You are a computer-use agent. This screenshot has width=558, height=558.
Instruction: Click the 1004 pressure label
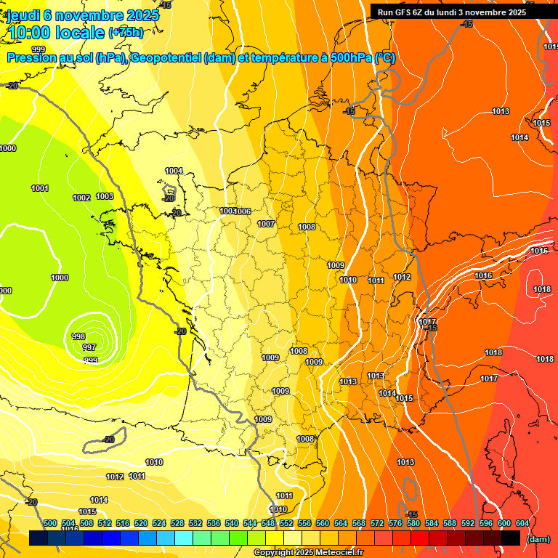click(x=174, y=171)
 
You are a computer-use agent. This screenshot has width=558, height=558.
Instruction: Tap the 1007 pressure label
click(x=266, y=224)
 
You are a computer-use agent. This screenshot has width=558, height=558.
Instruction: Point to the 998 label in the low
click(x=78, y=336)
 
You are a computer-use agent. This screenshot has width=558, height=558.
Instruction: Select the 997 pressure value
click(x=89, y=347)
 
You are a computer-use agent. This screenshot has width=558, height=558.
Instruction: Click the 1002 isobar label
click(x=81, y=198)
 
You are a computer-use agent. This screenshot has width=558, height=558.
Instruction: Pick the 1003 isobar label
click(x=105, y=196)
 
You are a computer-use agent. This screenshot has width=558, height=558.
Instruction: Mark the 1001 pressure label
click(x=40, y=188)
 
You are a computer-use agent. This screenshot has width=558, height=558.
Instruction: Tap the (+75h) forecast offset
click(x=126, y=32)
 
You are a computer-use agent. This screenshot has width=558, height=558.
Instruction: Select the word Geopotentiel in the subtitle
click(x=166, y=58)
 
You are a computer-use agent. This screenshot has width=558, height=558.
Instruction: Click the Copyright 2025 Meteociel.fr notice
click(x=309, y=553)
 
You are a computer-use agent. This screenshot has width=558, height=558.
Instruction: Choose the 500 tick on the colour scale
click(x=50, y=523)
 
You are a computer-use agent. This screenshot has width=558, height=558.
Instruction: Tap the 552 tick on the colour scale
click(x=286, y=523)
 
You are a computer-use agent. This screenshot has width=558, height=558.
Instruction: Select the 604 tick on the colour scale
click(x=522, y=523)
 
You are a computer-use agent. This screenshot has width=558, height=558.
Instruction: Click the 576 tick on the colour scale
click(x=395, y=523)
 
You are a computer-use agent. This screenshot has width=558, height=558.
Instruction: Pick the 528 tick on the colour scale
click(x=177, y=523)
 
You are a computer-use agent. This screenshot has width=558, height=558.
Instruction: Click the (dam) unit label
click(x=538, y=539)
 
